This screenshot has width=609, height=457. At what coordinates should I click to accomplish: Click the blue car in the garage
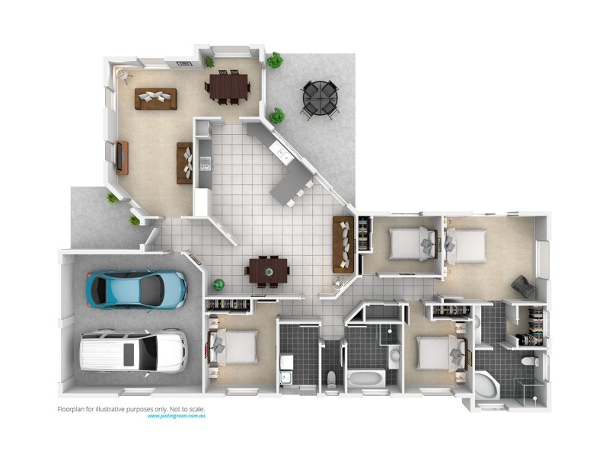pos(137,287)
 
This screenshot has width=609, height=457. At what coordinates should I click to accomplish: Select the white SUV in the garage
pos(132,351)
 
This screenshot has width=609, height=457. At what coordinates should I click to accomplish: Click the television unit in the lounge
pos(120,158)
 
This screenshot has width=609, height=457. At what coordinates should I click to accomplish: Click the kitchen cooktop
pos(204,161)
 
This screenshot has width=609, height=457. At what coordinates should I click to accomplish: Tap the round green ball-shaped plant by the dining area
pos(219,285)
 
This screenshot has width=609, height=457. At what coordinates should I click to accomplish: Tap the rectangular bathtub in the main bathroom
pos(366,379)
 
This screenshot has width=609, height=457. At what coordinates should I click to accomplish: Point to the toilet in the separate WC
pos(331,379)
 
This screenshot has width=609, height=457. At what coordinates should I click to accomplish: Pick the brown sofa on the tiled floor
pos(343,244)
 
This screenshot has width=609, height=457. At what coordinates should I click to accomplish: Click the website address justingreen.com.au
pos(177,417)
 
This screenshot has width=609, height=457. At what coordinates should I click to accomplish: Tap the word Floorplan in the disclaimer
pos(73,409)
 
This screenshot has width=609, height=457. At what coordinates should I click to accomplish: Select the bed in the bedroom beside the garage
pos(234,347)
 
